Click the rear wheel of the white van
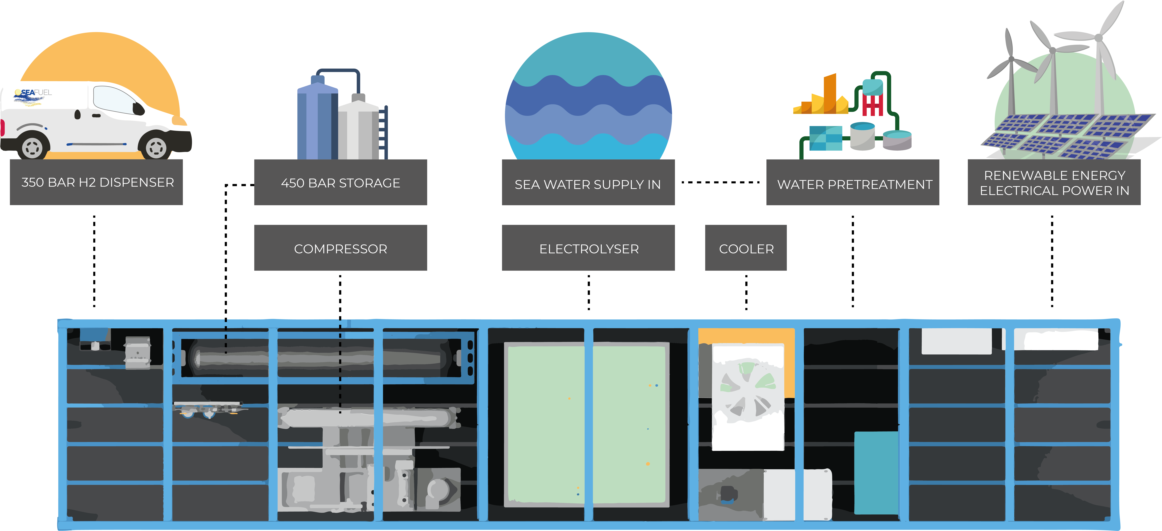click(32, 146)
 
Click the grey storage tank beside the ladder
click(359, 128)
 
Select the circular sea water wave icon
click(588, 97)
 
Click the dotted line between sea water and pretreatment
click(720, 183)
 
